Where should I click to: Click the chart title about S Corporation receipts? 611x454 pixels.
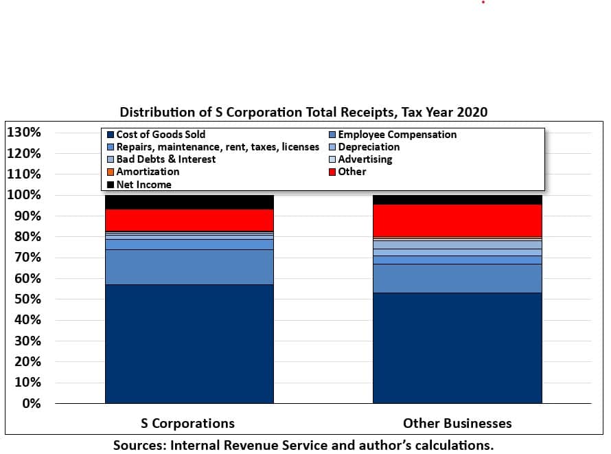[303, 112]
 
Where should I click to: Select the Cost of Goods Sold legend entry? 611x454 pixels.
[160, 135]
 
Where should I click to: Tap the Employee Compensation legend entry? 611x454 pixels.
[397, 135]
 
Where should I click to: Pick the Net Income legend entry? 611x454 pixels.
[143, 184]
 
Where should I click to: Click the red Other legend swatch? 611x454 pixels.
[333, 172]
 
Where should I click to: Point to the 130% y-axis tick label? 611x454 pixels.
[25, 133]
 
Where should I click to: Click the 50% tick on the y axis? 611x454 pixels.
[28, 299]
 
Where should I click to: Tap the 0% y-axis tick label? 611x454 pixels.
[32, 403]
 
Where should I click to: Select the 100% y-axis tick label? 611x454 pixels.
[25, 195]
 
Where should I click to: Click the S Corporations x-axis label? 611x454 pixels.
[187, 423]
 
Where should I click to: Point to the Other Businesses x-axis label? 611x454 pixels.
[457, 423]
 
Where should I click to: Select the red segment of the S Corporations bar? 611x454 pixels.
[189, 220]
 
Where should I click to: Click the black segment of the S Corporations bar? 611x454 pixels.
[189, 202]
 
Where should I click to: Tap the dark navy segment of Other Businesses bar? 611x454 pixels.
[457, 348]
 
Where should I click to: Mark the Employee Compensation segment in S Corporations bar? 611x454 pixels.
[189, 266]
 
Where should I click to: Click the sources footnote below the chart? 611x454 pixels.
[303, 444]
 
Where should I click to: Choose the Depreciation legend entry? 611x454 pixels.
[368, 147]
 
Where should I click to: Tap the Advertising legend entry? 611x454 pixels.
[365, 159]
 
